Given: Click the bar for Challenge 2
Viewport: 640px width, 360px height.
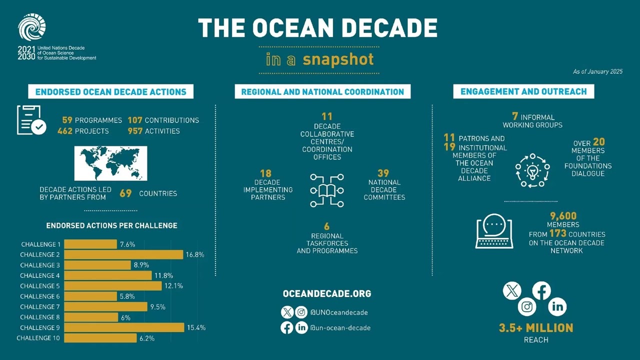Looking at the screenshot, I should tap(123, 254).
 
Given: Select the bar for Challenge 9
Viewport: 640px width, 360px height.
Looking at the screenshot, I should tap(124, 327).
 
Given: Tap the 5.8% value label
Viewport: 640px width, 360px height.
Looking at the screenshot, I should tap(127, 296).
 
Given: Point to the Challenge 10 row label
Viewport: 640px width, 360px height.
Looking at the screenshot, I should tap(38, 338).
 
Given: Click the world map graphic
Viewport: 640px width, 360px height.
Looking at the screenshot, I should tap(110, 163).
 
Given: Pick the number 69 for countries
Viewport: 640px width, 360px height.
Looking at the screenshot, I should tap(125, 193).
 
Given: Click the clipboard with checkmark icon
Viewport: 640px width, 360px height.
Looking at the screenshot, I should tap(31, 120).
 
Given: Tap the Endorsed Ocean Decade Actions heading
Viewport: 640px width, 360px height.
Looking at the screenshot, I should tap(111, 91).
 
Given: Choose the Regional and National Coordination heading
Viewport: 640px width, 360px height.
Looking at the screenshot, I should tap(322, 91).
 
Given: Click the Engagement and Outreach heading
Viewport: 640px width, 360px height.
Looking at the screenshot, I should tap(523, 91).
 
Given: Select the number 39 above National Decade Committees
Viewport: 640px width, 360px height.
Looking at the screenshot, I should tap(383, 173).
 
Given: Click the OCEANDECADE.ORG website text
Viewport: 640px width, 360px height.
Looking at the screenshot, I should tap(327, 293).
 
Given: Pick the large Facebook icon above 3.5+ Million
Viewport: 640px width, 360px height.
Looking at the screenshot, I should tap(541, 290).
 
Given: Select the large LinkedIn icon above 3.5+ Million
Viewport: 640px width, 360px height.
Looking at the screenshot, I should tap(557, 306).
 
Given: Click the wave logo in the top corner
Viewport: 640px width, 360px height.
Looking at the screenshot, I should tap(32, 27).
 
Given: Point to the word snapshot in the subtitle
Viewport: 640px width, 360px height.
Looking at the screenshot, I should tap(338, 59).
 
